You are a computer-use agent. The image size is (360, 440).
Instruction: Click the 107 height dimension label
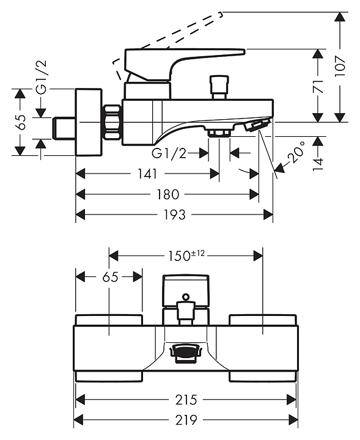[x=340, y=66]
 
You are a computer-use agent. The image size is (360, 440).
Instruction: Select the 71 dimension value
[x=318, y=86]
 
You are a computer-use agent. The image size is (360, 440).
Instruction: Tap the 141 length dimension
[x=147, y=174]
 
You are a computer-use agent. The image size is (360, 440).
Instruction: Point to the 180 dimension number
[x=167, y=194]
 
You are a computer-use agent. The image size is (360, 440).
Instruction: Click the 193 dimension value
[x=174, y=215]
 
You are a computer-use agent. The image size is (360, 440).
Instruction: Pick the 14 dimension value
[x=318, y=164]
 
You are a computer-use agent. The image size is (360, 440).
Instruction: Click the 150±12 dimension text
[x=186, y=255]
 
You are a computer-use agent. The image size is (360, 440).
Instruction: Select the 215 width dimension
[x=186, y=400]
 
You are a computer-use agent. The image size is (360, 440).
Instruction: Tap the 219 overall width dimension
[x=186, y=420]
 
